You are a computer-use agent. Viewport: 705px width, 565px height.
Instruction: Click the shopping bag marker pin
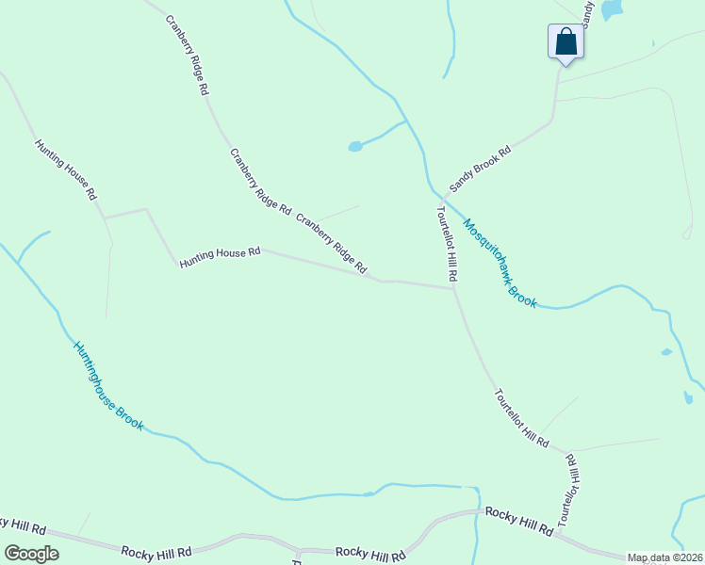click(566, 42)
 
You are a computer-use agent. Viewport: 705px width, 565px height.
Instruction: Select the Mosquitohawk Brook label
click(500, 264)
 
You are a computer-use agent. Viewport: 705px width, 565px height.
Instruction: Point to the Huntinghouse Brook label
click(108, 385)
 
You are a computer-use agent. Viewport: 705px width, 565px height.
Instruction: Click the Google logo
click(31, 554)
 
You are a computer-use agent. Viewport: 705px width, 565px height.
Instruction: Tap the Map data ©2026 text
click(664, 557)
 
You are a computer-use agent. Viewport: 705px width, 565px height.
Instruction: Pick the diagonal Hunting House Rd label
click(66, 169)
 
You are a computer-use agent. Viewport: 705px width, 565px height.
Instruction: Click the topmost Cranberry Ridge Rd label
click(187, 56)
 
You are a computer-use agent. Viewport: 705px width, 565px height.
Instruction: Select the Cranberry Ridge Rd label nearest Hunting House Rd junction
click(331, 245)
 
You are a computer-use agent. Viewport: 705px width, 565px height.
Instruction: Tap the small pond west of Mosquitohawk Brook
click(355, 146)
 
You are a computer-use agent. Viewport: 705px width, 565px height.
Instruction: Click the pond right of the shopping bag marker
click(613, 9)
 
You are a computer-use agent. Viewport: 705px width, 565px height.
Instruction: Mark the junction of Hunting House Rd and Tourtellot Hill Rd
click(453, 288)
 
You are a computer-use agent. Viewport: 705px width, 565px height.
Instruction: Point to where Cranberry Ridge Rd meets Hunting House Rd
click(381, 280)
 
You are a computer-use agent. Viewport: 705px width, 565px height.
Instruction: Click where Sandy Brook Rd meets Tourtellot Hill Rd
click(442, 197)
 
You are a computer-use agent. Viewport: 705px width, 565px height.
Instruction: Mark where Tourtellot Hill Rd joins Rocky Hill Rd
click(558, 536)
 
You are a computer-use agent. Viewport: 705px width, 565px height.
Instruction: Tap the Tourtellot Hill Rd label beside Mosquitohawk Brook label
click(447, 244)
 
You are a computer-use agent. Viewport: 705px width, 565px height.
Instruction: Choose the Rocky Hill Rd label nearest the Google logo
click(156, 551)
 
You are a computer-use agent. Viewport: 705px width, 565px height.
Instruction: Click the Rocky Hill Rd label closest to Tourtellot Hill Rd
click(518, 521)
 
